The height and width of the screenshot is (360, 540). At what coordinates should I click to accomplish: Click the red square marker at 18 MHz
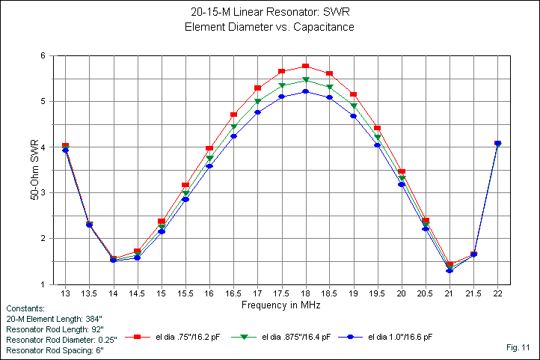[x=305, y=67]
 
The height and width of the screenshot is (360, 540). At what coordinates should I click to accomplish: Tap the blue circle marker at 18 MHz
[x=305, y=92]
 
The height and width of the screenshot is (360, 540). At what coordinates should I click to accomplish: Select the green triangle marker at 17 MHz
[x=257, y=101]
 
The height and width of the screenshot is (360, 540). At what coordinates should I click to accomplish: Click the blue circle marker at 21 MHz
[x=450, y=270]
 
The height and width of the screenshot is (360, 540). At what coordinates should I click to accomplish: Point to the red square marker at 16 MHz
[x=209, y=148]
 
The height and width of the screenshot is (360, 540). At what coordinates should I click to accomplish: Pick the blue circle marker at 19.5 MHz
[x=378, y=144]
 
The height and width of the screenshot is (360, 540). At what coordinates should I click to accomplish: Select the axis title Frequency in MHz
[x=280, y=305]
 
